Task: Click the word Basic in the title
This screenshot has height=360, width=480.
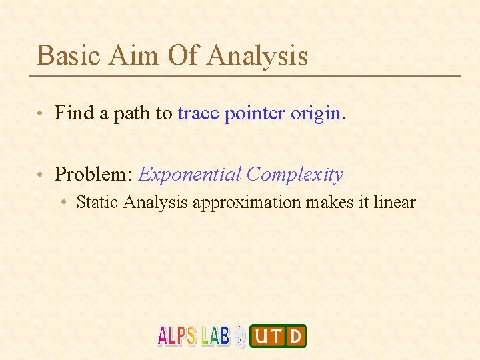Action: click(66, 55)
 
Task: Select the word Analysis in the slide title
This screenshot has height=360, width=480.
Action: click(257, 55)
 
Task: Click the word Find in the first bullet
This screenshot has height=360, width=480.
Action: click(74, 113)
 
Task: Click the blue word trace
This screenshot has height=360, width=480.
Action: click(198, 113)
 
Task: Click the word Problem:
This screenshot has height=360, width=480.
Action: click(94, 175)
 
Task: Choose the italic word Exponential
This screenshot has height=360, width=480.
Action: click(189, 175)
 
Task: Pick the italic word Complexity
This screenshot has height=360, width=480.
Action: click(294, 175)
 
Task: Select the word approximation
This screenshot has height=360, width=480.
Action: click(247, 203)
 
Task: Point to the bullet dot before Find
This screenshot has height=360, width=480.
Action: click(41, 115)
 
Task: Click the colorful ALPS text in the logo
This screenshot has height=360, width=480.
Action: click(177, 335)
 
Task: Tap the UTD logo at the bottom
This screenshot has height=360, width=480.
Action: click(278, 336)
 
